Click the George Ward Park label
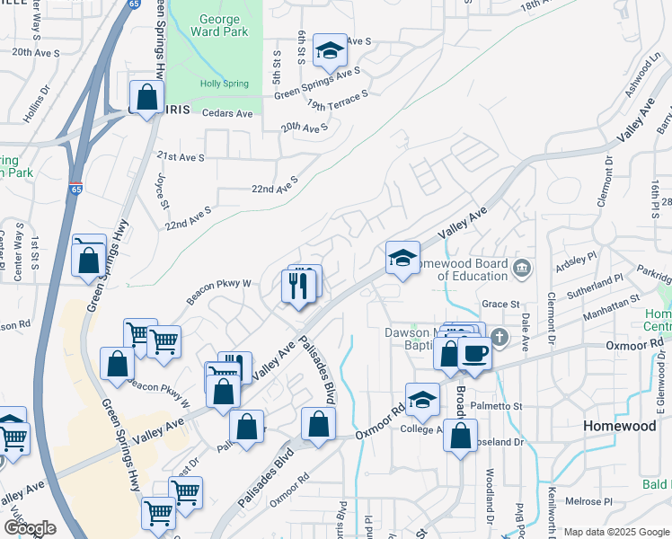[215, 25]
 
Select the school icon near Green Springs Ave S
[331, 52]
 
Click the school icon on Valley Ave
[402, 258]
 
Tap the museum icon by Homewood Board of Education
[521, 268]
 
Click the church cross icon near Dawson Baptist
[500, 338]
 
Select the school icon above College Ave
[422, 400]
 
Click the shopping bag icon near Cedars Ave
[146, 97]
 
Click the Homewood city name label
[620, 426]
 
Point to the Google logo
[30, 528]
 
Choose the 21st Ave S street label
[181, 157]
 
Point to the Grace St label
[501, 304]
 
